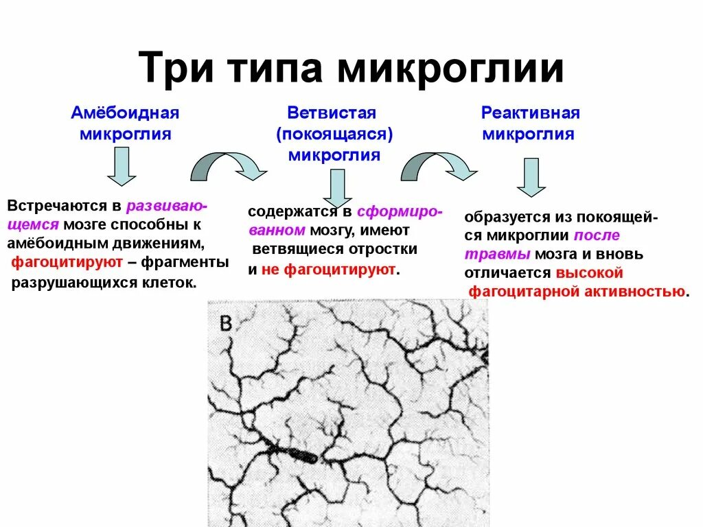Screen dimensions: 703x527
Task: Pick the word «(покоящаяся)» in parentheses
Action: tap(334, 134)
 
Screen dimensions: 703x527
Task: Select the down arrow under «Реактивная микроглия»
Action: tap(531, 177)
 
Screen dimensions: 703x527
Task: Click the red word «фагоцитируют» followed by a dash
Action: tap(67, 262)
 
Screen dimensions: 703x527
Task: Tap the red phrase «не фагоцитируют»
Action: tap(328, 269)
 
